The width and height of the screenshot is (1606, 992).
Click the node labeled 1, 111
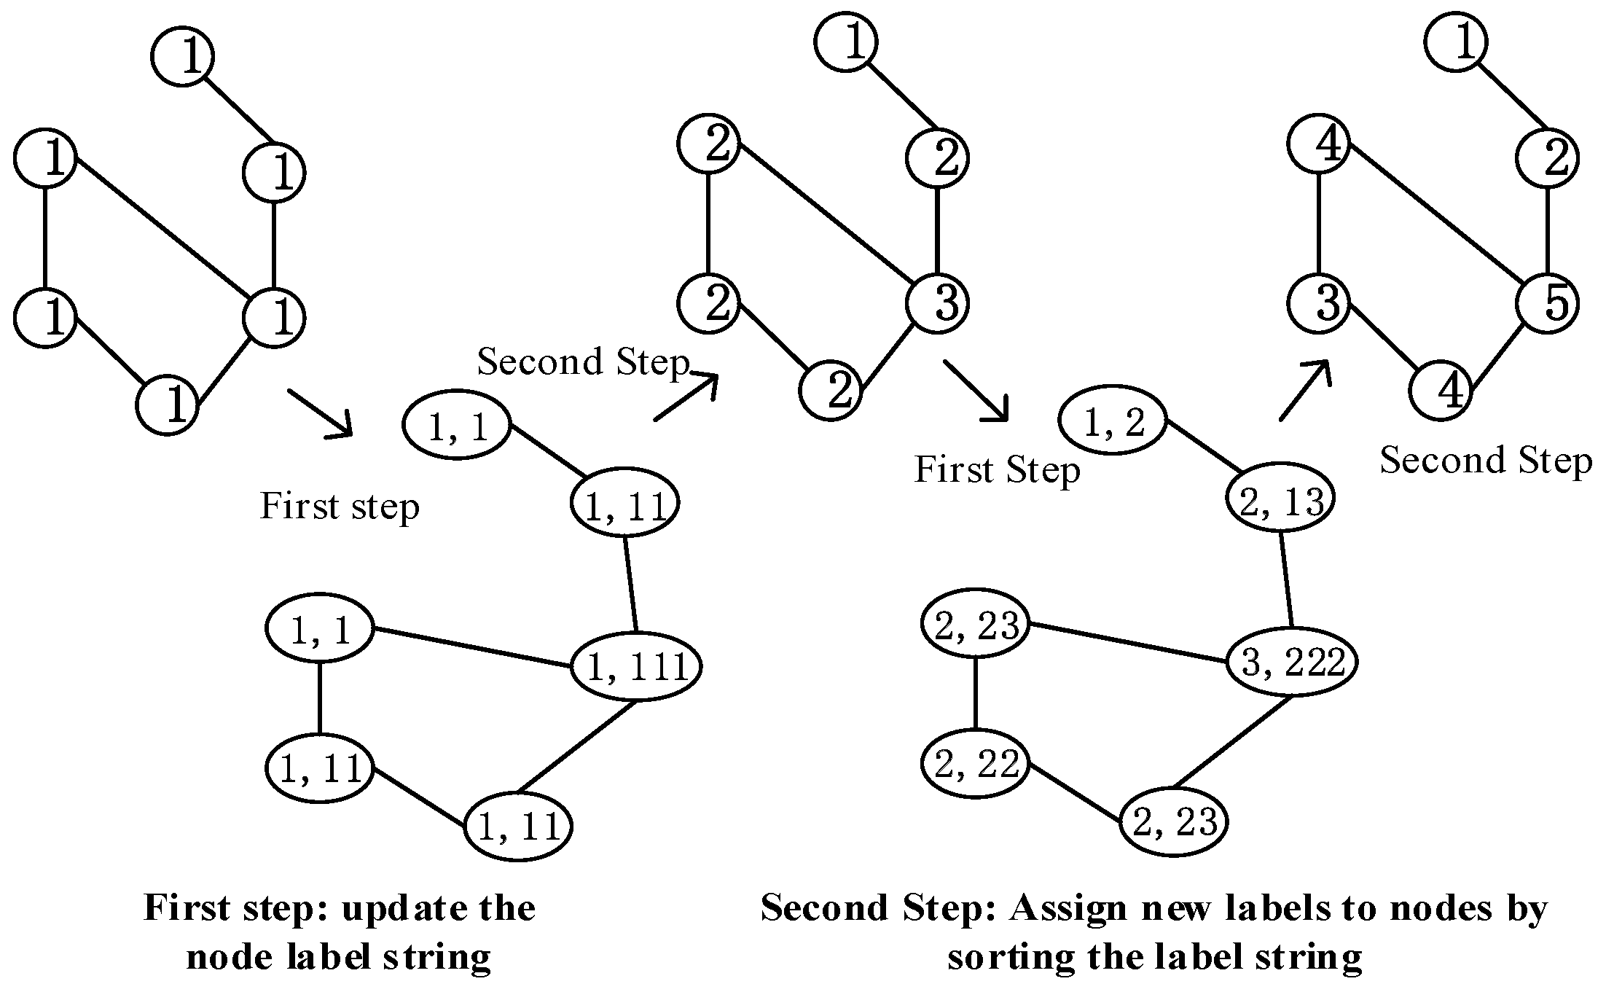point(636,666)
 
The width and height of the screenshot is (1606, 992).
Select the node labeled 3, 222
point(1291,663)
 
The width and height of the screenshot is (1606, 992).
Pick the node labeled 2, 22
point(976,765)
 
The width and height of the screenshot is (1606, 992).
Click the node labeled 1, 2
point(1113,421)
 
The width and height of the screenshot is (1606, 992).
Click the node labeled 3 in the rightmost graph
point(1318,302)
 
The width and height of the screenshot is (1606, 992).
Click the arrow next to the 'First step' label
point(321,414)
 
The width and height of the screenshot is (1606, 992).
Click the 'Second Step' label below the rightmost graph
point(1486,461)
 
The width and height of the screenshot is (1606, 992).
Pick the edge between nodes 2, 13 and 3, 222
point(1287,580)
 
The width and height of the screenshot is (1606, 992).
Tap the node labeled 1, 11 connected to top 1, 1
point(624,502)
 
